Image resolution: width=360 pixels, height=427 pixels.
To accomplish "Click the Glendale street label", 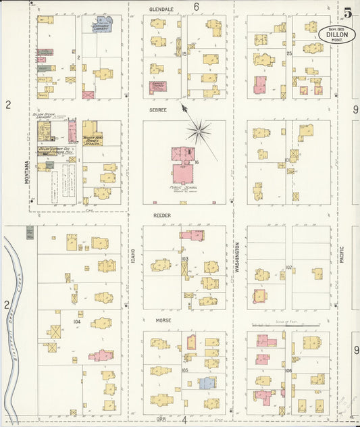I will [x=161, y=10].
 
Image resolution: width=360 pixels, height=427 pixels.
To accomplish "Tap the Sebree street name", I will [x=159, y=107].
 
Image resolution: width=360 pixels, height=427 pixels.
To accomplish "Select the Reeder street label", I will [x=161, y=215].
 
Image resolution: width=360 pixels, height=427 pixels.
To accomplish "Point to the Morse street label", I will [x=161, y=320].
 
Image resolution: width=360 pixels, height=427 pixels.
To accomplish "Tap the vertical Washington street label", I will [x=237, y=257].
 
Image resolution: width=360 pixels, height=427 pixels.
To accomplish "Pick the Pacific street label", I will [x=342, y=259].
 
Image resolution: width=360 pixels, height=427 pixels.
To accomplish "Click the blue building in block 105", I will [x=207, y=383].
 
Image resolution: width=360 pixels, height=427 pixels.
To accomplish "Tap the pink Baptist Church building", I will [x=159, y=87].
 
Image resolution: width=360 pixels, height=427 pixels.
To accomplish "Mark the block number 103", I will [x=184, y=259].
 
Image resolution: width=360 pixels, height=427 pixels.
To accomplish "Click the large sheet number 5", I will [x=346, y=13].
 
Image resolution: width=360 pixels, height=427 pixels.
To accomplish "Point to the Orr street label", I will [x=159, y=419].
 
